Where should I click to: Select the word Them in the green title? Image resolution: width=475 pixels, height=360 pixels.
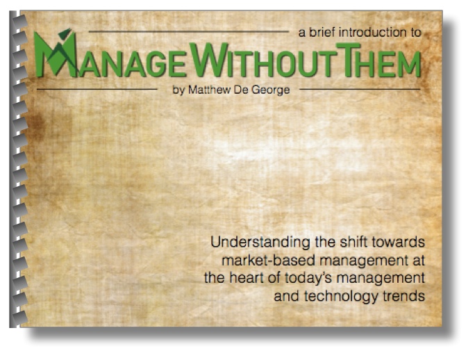point(378,60)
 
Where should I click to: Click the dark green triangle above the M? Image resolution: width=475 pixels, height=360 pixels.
point(65,33)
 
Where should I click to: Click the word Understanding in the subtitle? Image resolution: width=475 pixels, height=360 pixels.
point(260,243)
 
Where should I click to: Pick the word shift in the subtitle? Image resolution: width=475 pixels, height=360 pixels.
point(354,242)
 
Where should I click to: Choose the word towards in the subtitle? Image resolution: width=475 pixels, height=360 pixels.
point(399,242)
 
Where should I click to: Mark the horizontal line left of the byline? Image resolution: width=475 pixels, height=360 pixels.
point(97,89)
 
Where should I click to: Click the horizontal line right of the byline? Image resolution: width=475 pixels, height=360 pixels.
point(360,89)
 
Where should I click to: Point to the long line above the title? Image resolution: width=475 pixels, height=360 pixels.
point(189,31)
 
